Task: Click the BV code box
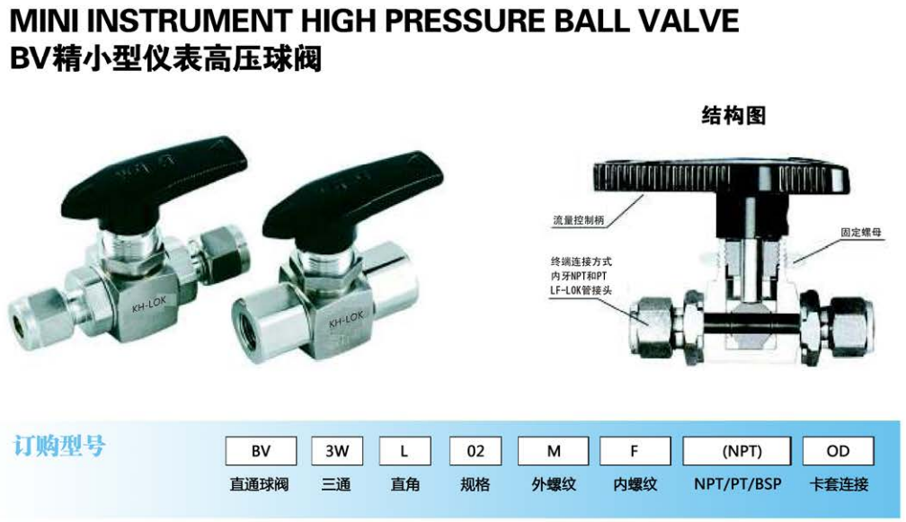click(x=261, y=450)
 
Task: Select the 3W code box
click(x=337, y=450)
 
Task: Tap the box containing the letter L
click(x=404, y=450)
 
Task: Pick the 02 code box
click(x=475, y=450)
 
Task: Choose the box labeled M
click(x=553, y=450)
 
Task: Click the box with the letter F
click(x=635, y=450)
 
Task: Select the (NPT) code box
click(x=737, y=450)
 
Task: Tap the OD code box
click(x=838, y=450)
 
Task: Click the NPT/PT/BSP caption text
click(x=737, y=484)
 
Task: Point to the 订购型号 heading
click(x=59, y=447)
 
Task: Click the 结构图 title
click(x=733, y=116)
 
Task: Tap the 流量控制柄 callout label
click(x=579, y=220)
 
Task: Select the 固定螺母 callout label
click(x=861, y=233)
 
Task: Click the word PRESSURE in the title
click(x=463, y=22)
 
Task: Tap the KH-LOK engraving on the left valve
click(x=148, y=305)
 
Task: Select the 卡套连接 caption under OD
click(x=839, y=484)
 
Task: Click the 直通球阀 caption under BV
click(x=259, y=484)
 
